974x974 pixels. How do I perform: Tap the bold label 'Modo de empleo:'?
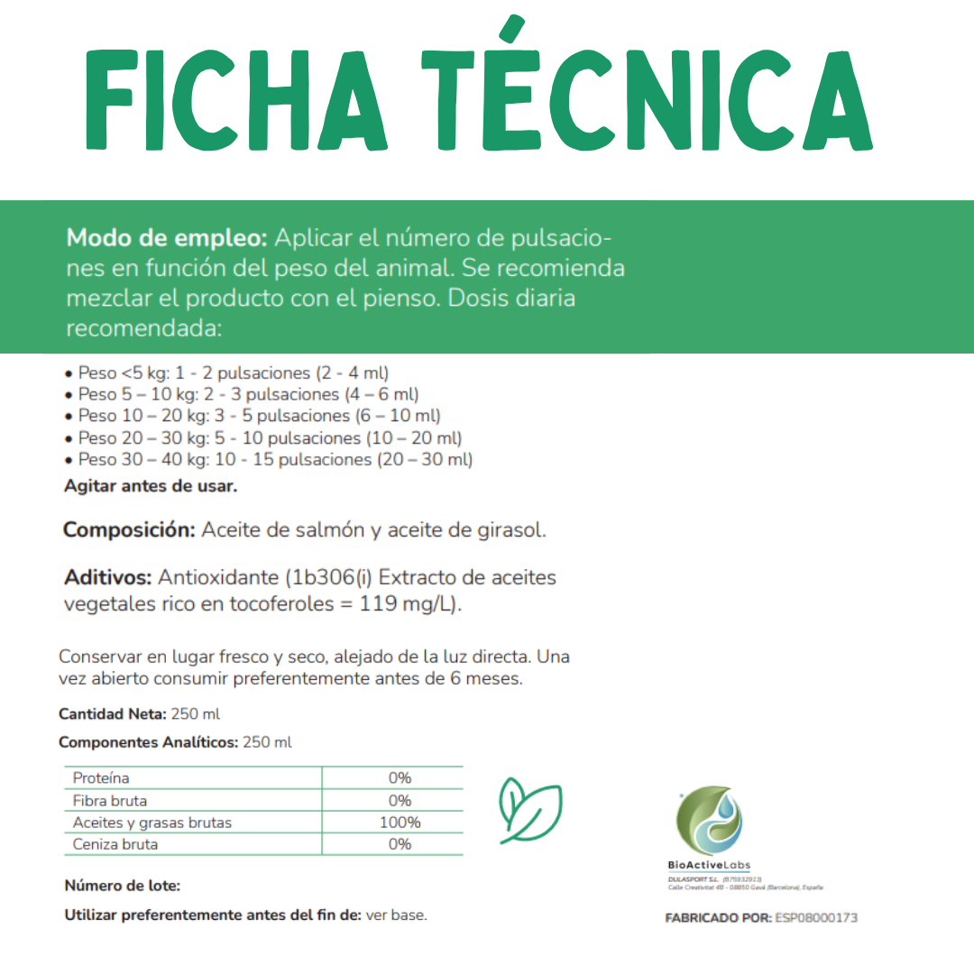point(167,239)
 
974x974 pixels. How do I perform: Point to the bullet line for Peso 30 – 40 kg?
point(269,459)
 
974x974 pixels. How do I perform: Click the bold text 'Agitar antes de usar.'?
point(151,486)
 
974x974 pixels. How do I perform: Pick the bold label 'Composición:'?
point(129,530)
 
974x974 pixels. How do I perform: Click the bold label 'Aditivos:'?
point(109,577)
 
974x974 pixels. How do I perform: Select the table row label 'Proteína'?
point(101,778)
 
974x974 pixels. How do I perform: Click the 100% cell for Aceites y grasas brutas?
point(400,822)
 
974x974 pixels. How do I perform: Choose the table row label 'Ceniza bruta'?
point(115,845)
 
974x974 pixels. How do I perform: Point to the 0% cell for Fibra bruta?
point(400,801)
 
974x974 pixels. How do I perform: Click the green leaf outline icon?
point(530,809)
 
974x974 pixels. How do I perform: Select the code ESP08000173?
point(816,918)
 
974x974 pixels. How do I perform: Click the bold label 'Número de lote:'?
point(122,887)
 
